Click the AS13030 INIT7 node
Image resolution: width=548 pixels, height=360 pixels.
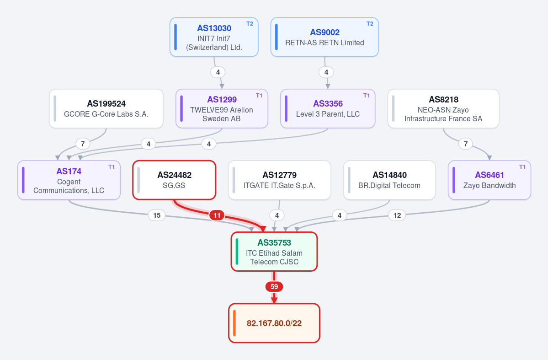(214, 37)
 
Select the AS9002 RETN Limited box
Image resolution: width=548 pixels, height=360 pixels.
(325, 37)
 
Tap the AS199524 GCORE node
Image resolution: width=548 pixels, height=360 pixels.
(106, 108)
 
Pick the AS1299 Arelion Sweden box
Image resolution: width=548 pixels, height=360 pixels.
(222, 108)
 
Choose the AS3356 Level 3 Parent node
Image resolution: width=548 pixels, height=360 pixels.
(328, 108)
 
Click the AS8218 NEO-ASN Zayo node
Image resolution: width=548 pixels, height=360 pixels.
(443, 108)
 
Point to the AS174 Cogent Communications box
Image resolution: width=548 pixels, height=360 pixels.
(69, 180)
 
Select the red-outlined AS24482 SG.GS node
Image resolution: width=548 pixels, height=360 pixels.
(174, 180)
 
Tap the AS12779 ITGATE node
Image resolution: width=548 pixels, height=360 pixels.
(280, 180)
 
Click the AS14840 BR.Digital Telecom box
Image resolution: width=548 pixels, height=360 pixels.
(390, 180)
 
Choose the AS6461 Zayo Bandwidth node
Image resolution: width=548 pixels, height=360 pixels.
(489, 180)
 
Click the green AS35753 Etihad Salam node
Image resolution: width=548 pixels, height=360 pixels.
(274, 252)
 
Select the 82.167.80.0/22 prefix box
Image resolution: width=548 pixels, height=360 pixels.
(274, 323)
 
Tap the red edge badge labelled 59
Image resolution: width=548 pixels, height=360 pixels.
(274, 287)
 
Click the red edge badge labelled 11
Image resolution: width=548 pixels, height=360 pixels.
(217, 215)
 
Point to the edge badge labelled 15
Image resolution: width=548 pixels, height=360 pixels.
(157, 215)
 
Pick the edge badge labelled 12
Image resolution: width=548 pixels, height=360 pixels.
(397, 215)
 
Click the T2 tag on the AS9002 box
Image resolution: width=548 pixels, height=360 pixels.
(370, 24)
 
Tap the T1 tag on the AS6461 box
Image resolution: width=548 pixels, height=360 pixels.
(522, 167)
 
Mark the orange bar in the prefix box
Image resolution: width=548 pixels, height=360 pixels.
(234, 323)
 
